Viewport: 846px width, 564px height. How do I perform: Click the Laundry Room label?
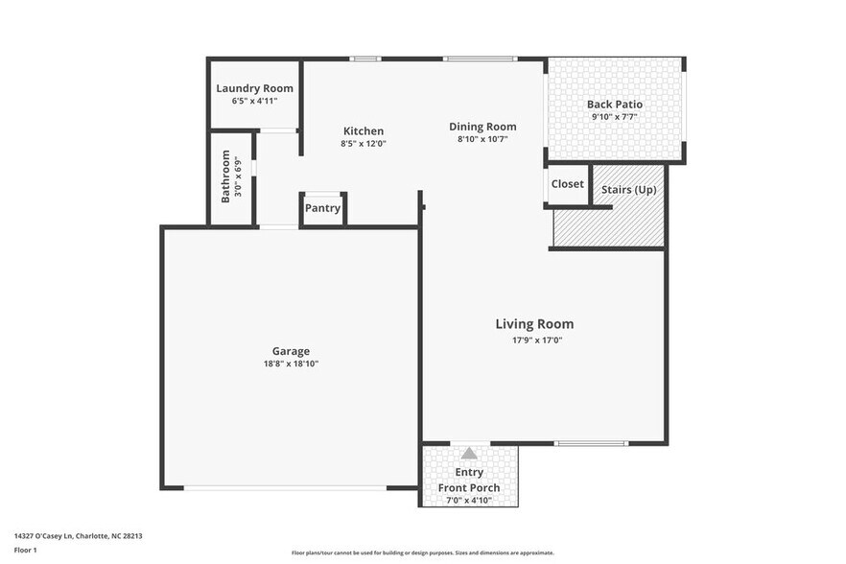[x=254, y=88]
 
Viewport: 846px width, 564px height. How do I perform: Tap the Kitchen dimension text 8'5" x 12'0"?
[x=363, y=144]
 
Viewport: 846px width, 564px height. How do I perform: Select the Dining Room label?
[x=482, y=127]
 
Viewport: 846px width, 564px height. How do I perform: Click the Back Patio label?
[x=614, y=105]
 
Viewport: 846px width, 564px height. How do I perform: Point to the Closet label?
[x=567, y=184]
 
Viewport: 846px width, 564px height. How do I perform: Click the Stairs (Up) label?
[x=628, y=190]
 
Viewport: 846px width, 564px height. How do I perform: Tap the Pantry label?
[x=322, y=208]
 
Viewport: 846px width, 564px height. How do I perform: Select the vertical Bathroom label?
[x=226, y=176]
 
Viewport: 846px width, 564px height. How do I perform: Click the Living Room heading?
[x=534, y=324]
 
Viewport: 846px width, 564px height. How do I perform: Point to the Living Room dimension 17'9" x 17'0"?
[x=534, y=341]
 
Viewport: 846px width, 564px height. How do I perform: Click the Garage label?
[x=291, y=351]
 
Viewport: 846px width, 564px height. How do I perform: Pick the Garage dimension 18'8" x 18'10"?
[x=291, y=364]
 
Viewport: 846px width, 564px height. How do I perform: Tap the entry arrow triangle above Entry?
[x=469, y=454]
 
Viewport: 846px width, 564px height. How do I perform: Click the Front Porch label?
[x=469, y=487]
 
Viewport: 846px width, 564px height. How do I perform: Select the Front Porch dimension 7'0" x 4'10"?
[x=469, y=500]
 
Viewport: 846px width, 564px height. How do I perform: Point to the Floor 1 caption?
[x=25, y=550]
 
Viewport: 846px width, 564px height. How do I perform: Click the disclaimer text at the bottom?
[x=422, y=552]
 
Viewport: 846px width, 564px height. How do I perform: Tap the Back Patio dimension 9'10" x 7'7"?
[x=614, y=117]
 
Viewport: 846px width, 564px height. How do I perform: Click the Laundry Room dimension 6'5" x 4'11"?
[x=254, y=101]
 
